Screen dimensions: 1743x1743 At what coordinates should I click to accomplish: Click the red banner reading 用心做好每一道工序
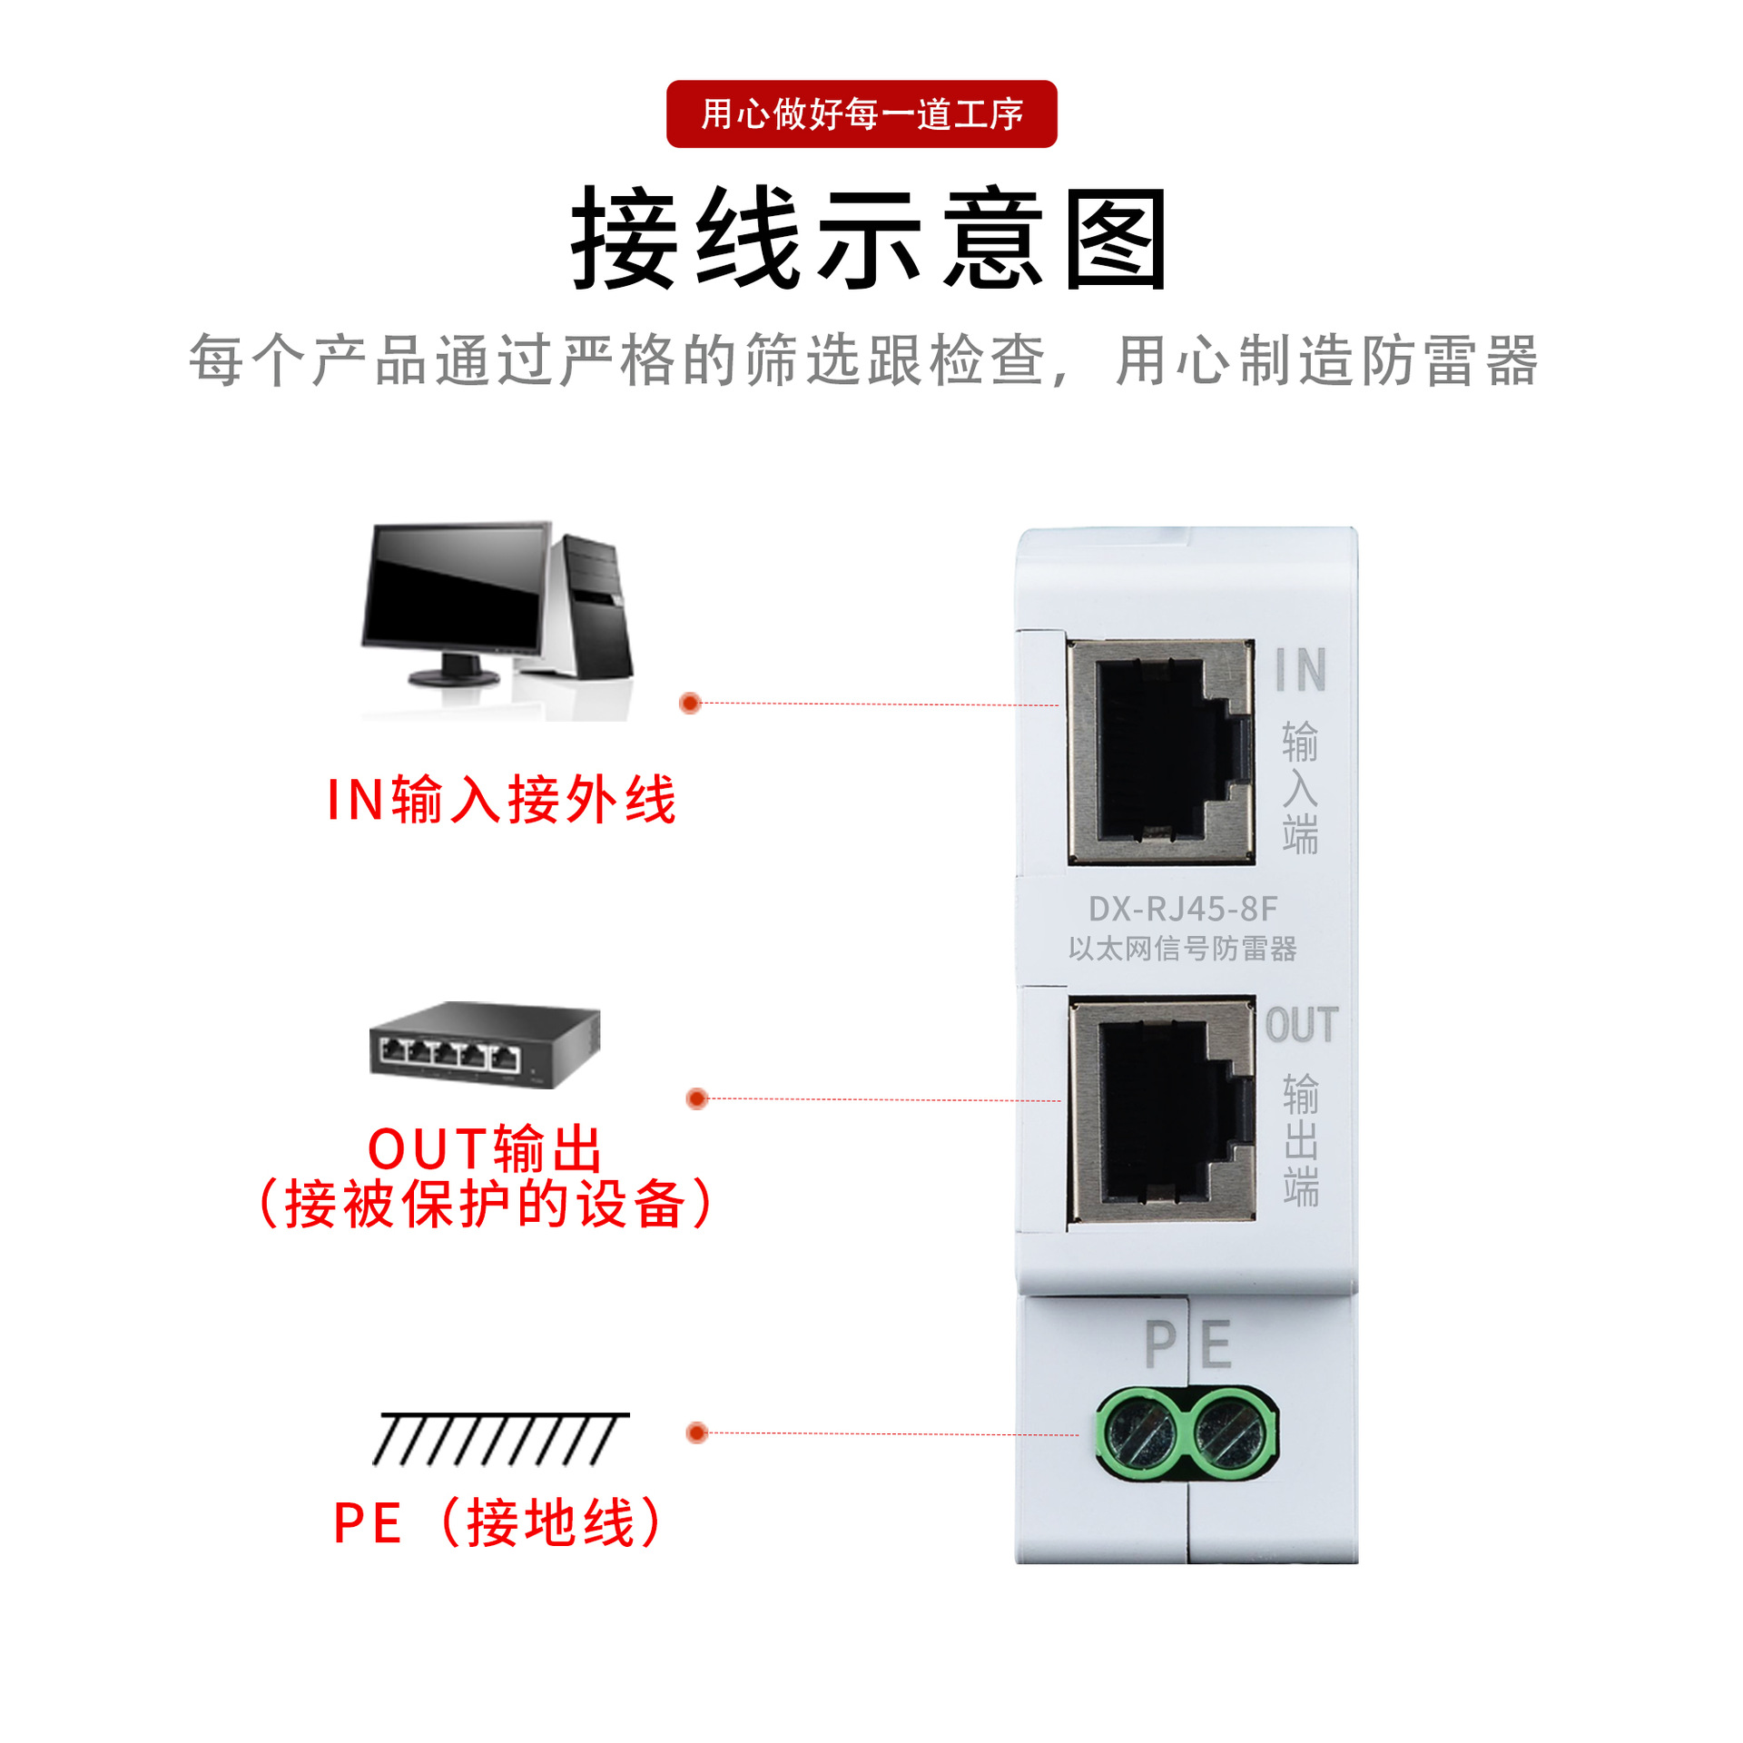click(x=861, y=114)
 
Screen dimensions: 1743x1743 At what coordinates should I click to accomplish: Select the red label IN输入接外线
click(x=501, y=800)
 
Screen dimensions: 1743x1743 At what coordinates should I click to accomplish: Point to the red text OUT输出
click(x=485, y=1148)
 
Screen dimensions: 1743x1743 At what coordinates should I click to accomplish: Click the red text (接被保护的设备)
click(x=485, y=1205)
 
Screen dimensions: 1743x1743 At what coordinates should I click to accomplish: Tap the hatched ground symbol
click(x=499, y=1439)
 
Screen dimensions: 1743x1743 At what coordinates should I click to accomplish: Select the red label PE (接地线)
click(x=499, y=1522)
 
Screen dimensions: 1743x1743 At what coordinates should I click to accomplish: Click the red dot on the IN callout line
click(x=690, y=703)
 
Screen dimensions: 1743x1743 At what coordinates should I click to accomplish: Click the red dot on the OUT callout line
click(x=696, y=1098)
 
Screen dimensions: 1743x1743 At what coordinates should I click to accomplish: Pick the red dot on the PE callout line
click(x=696, y=1433)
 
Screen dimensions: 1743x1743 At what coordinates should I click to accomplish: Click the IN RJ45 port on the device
click(x=1161, y=752)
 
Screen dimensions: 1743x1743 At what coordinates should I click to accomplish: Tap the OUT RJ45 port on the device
click(x=1162, y=1109)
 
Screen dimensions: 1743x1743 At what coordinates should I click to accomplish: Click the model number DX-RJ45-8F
click(x=1183, y=909)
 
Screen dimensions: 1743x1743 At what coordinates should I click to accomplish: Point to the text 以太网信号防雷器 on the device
click(x=1183, y=949)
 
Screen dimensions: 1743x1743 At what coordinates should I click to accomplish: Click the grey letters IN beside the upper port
click(x=1300, y=670)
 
